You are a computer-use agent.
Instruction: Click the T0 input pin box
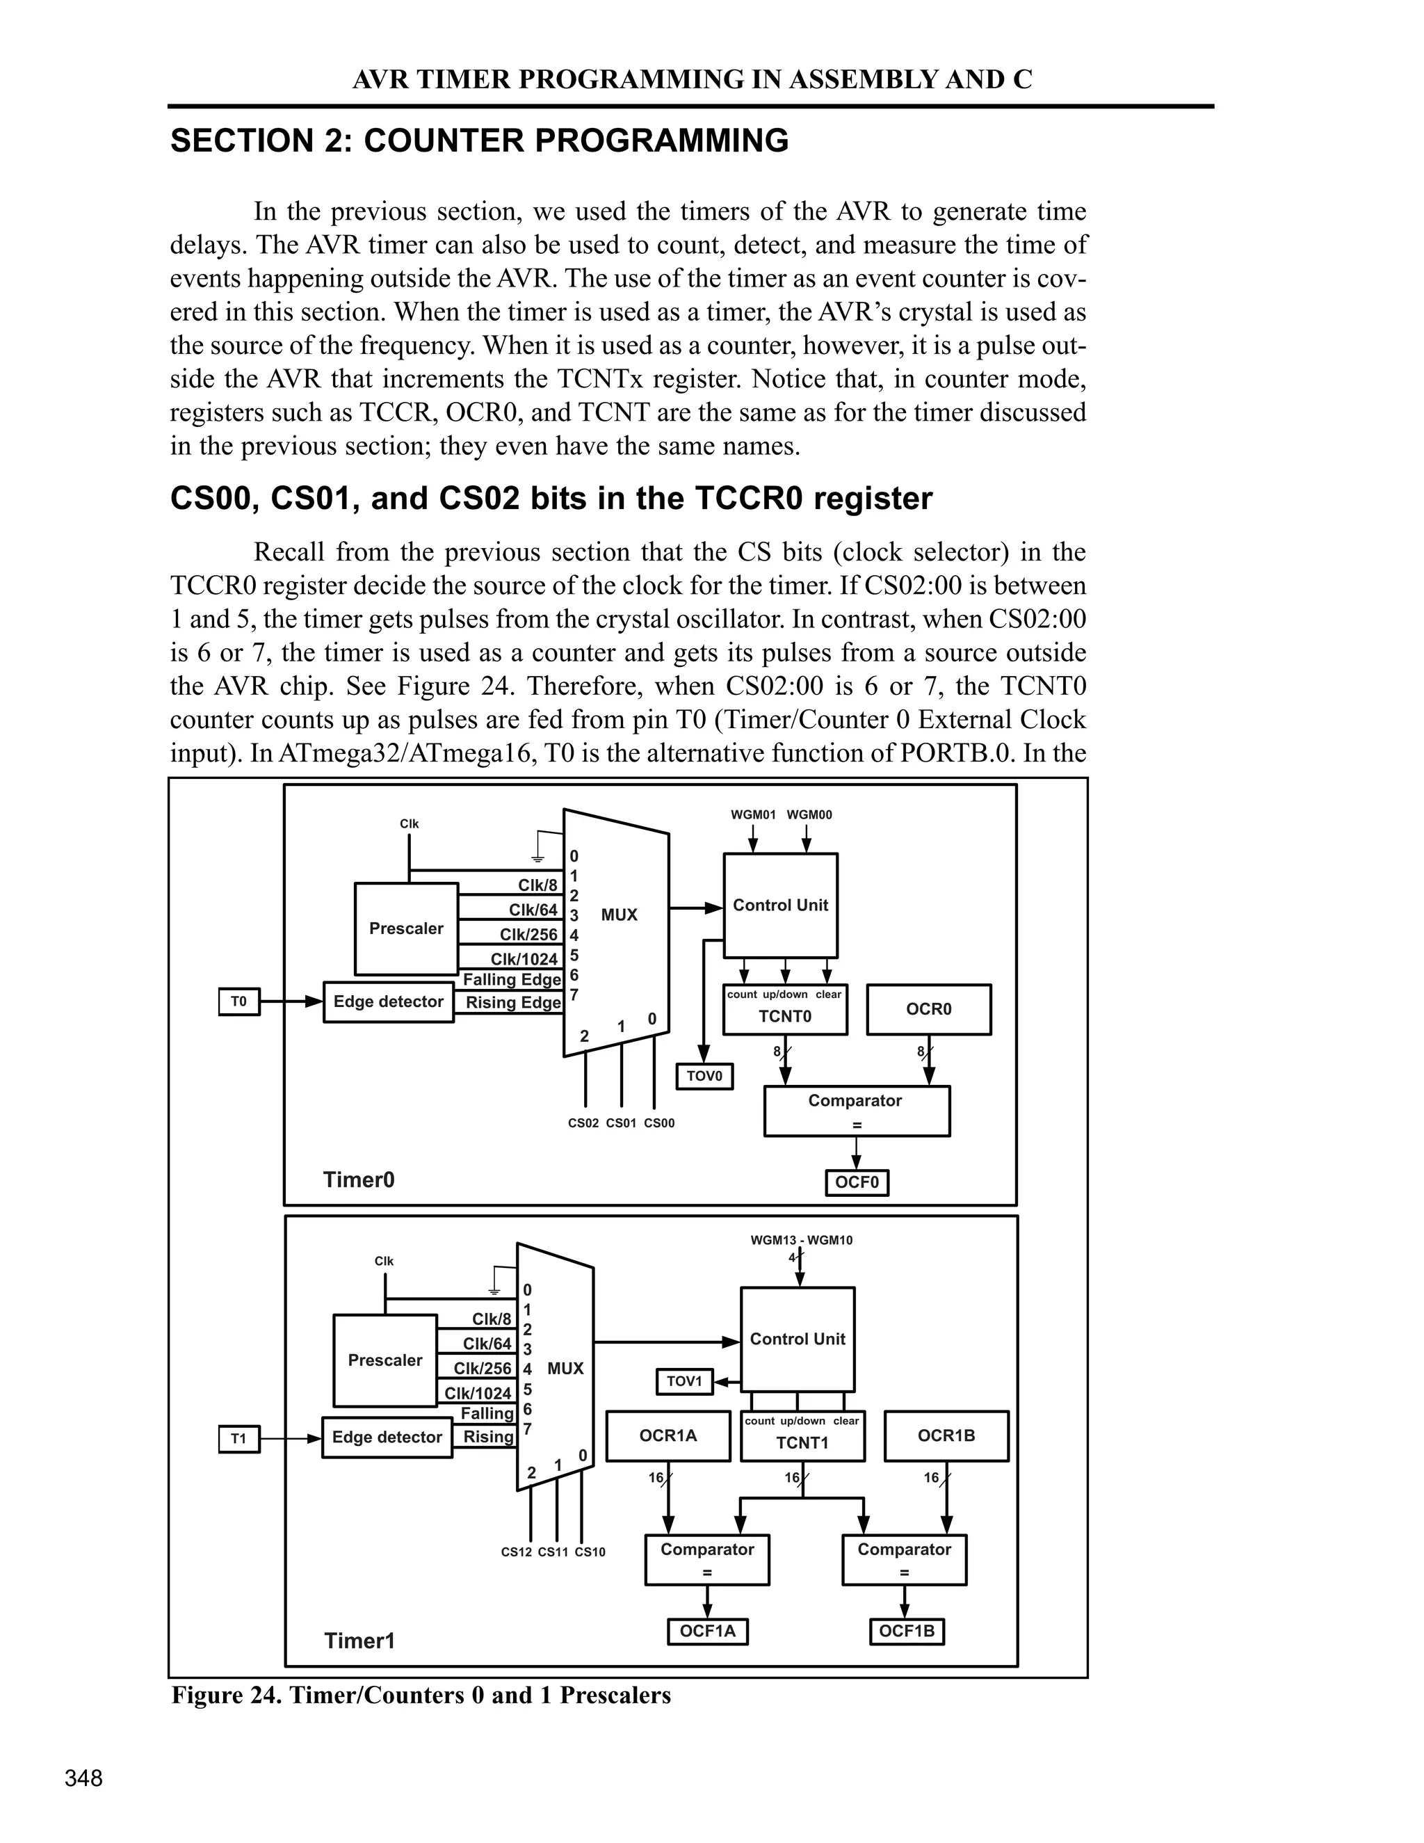(x=238, y=1001)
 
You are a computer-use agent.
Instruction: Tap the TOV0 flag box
(x=705, y=1076)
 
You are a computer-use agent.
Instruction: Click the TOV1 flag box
(x=685, y=1381)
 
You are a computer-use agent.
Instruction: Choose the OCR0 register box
(x=929, y=1009)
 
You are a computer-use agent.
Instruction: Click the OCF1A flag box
(x=708, y=1631)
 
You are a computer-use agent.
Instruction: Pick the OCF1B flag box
(x=907, y=1631)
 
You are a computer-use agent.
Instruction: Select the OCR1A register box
(x=668, y=1435)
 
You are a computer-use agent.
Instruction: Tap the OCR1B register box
(x=946, y=1435)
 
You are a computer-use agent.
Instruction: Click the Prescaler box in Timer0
(x=407, y=928)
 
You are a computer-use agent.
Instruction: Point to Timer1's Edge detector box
(x=387, y=1437)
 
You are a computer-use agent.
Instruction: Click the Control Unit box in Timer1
(x=798, y=1339)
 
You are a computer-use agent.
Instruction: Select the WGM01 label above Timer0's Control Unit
(x=753, y=815)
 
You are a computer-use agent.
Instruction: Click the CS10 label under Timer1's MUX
(x=590, y=1552)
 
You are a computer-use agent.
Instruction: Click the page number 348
(x=83, y=1779)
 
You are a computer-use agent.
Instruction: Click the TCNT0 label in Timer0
(x=784, y=1017)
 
